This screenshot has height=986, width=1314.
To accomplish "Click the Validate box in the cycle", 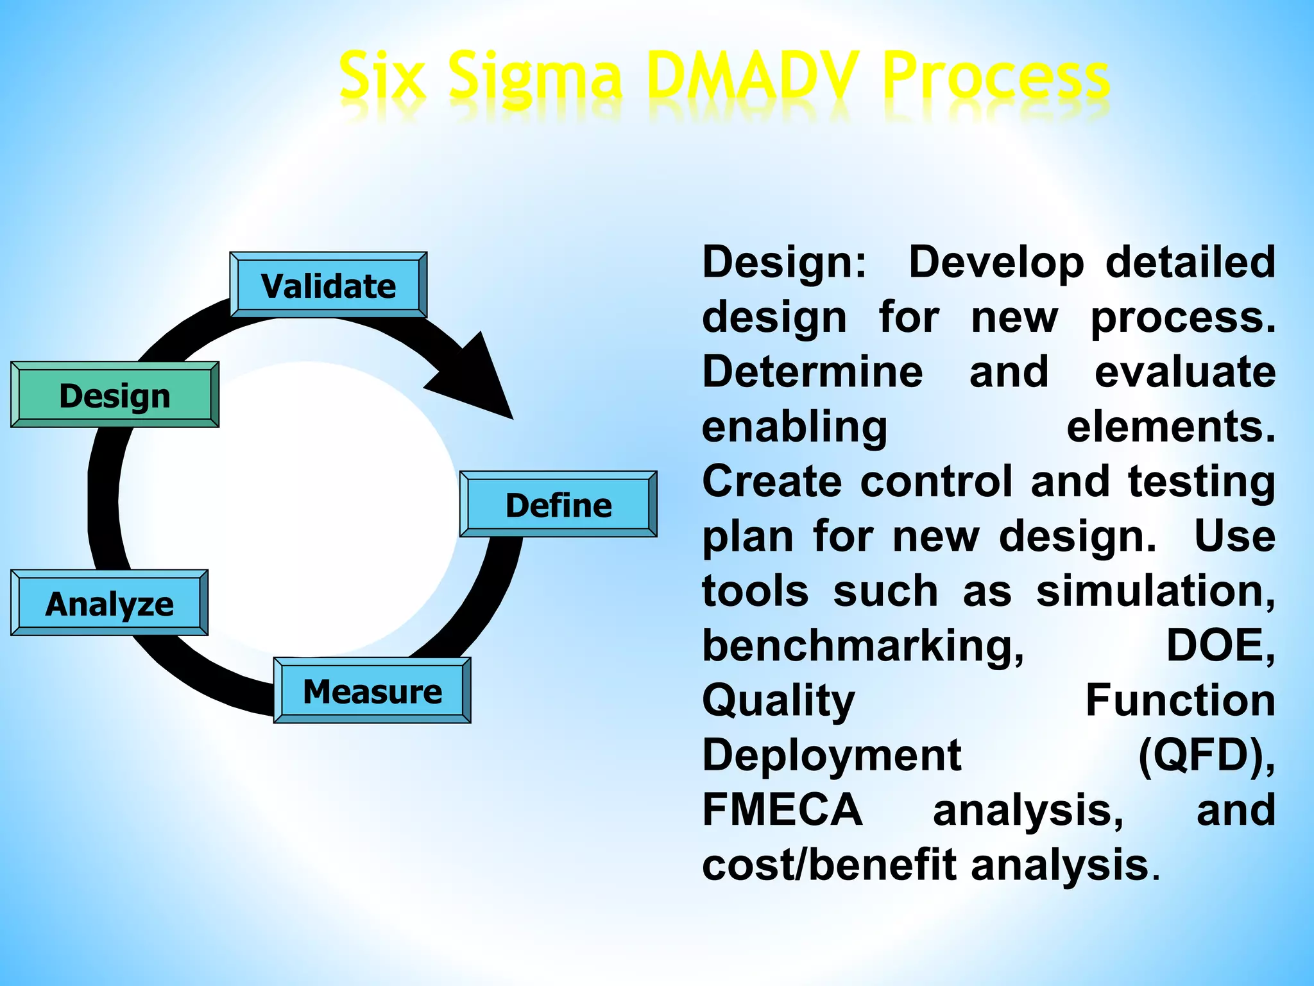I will click(328, 285).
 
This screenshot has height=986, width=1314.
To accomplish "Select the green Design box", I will click(115, 395).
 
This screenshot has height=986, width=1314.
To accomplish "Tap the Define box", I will click(558, 505).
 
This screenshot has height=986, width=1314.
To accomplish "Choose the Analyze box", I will click(109, 603).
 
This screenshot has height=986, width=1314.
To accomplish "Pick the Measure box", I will click(372, 691).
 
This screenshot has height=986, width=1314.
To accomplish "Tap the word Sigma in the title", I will click(534, 78).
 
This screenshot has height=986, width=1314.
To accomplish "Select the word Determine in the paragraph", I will click(812, 372).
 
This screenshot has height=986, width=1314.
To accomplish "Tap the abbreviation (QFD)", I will click(1206, 755).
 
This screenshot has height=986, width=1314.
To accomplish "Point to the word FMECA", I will click(782, 809).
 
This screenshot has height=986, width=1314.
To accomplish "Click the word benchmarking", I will click(862, 645).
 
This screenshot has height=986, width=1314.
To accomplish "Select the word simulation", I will click(1155, 591).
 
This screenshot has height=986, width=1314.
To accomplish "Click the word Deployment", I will click(832, 755).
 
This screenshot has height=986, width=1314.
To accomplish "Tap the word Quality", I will click(778, 700).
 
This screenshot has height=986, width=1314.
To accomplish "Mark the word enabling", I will click(794, 427).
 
